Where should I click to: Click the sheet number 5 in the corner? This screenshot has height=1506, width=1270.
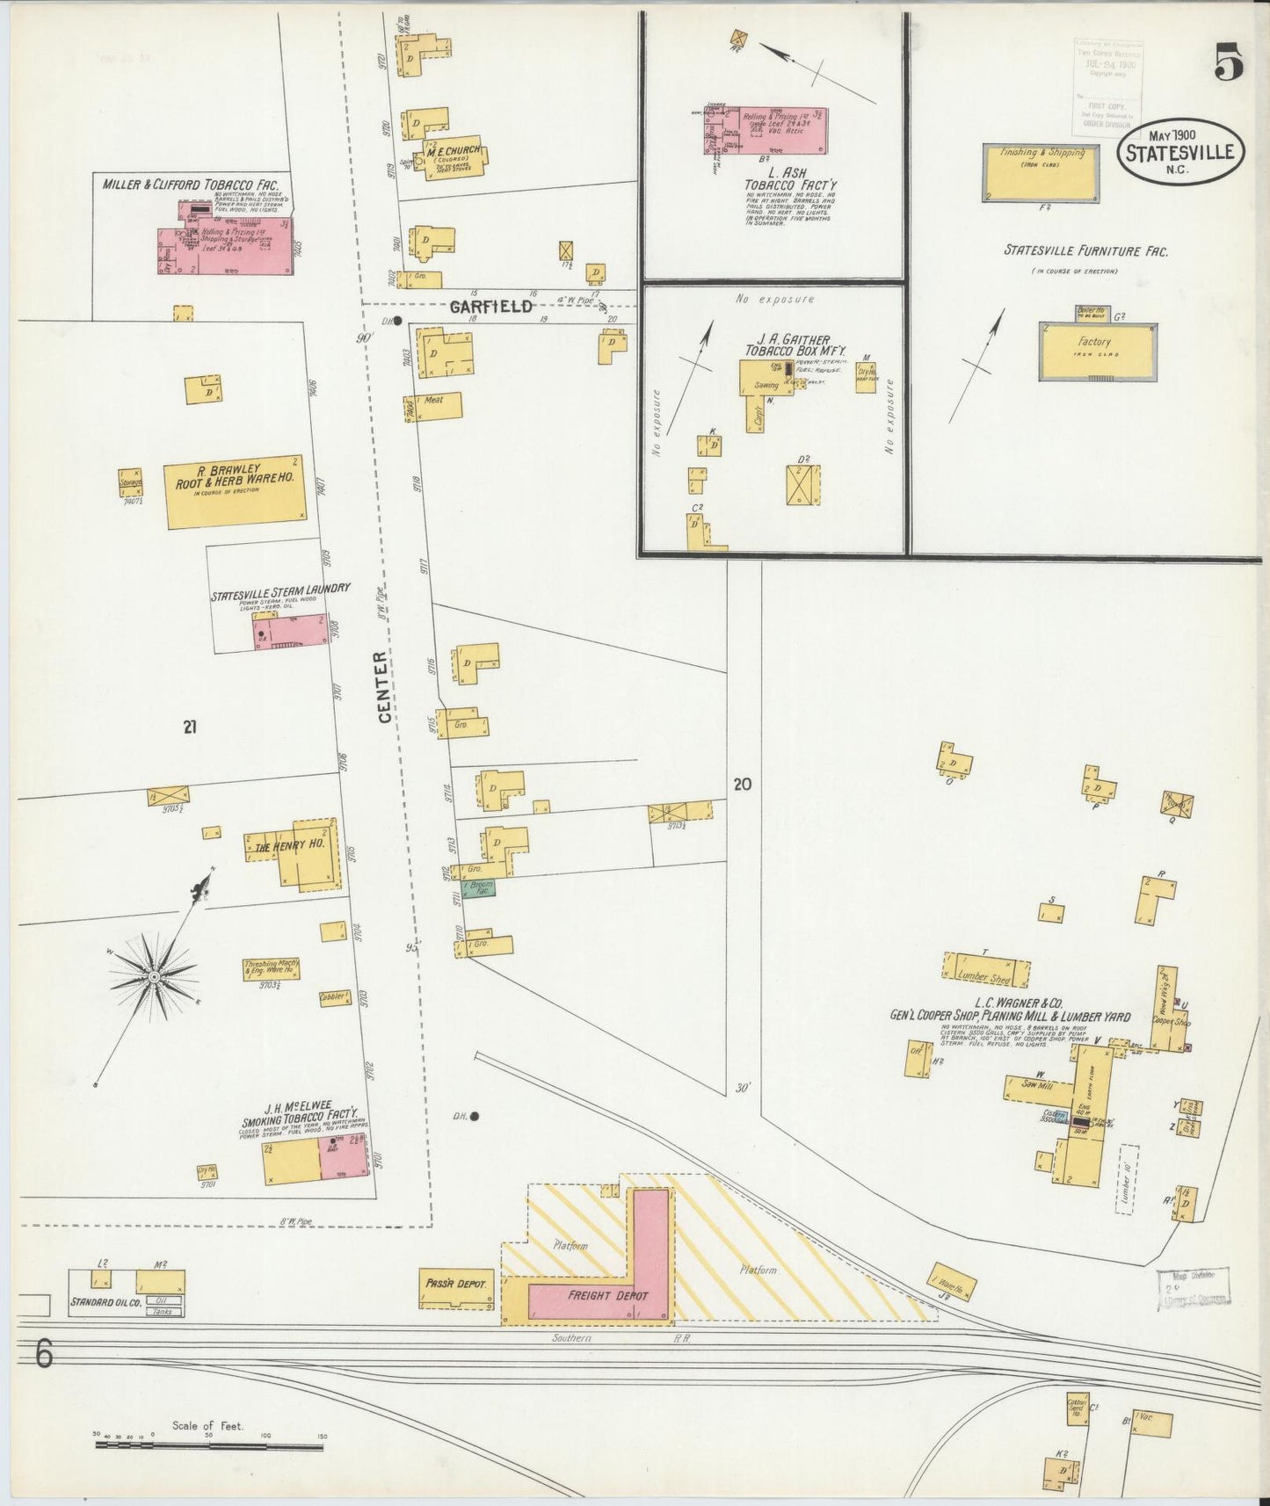[1229, 63]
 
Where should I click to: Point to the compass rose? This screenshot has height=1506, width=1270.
[155, 976]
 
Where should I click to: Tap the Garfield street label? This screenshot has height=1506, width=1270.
[491, 307]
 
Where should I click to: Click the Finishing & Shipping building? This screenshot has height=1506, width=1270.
[1041, 172]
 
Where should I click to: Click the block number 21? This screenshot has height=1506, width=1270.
[190, 726]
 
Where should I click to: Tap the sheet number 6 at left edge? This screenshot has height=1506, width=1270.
[44, 1353]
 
